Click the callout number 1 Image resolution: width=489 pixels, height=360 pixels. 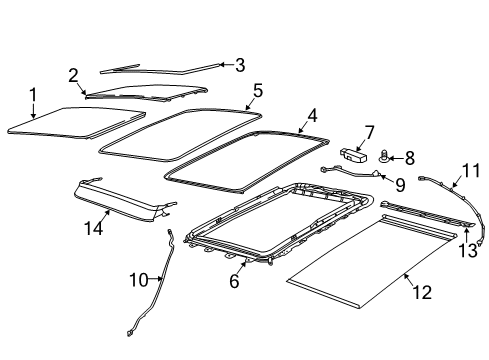pos(32,95)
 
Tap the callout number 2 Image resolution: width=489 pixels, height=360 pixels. pos(73,75)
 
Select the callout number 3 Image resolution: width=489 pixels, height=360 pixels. pos(239,65)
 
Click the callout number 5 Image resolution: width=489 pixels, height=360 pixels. pos(257,90)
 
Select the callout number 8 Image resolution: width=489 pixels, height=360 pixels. pos(410,156)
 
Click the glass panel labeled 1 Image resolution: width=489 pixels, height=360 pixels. pos(65,119)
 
